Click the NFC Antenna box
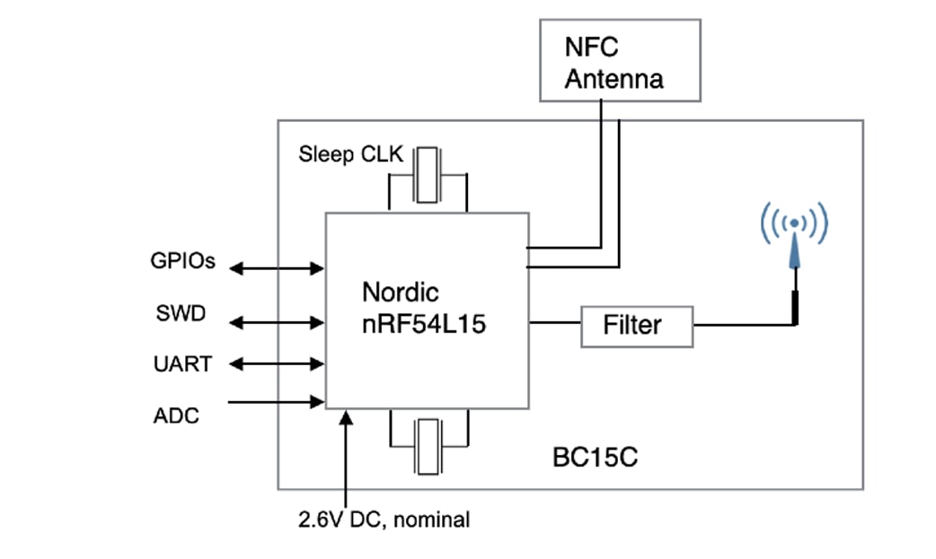(620, 60)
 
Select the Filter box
(636, 326)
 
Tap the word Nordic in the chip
(400, 293)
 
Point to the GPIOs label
(183, 263)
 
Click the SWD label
(181, 314)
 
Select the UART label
(182, 364)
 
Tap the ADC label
(176, 416)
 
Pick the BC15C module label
(595, 459)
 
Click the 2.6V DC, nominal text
(384, 520)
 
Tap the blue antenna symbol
(794, 243)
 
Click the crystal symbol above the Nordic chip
(428, 176)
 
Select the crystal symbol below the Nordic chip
(428, 445)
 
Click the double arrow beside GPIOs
(277, 266)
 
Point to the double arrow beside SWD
(277, 320)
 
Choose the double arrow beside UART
(277, 364)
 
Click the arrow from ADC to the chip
(277, 402)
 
